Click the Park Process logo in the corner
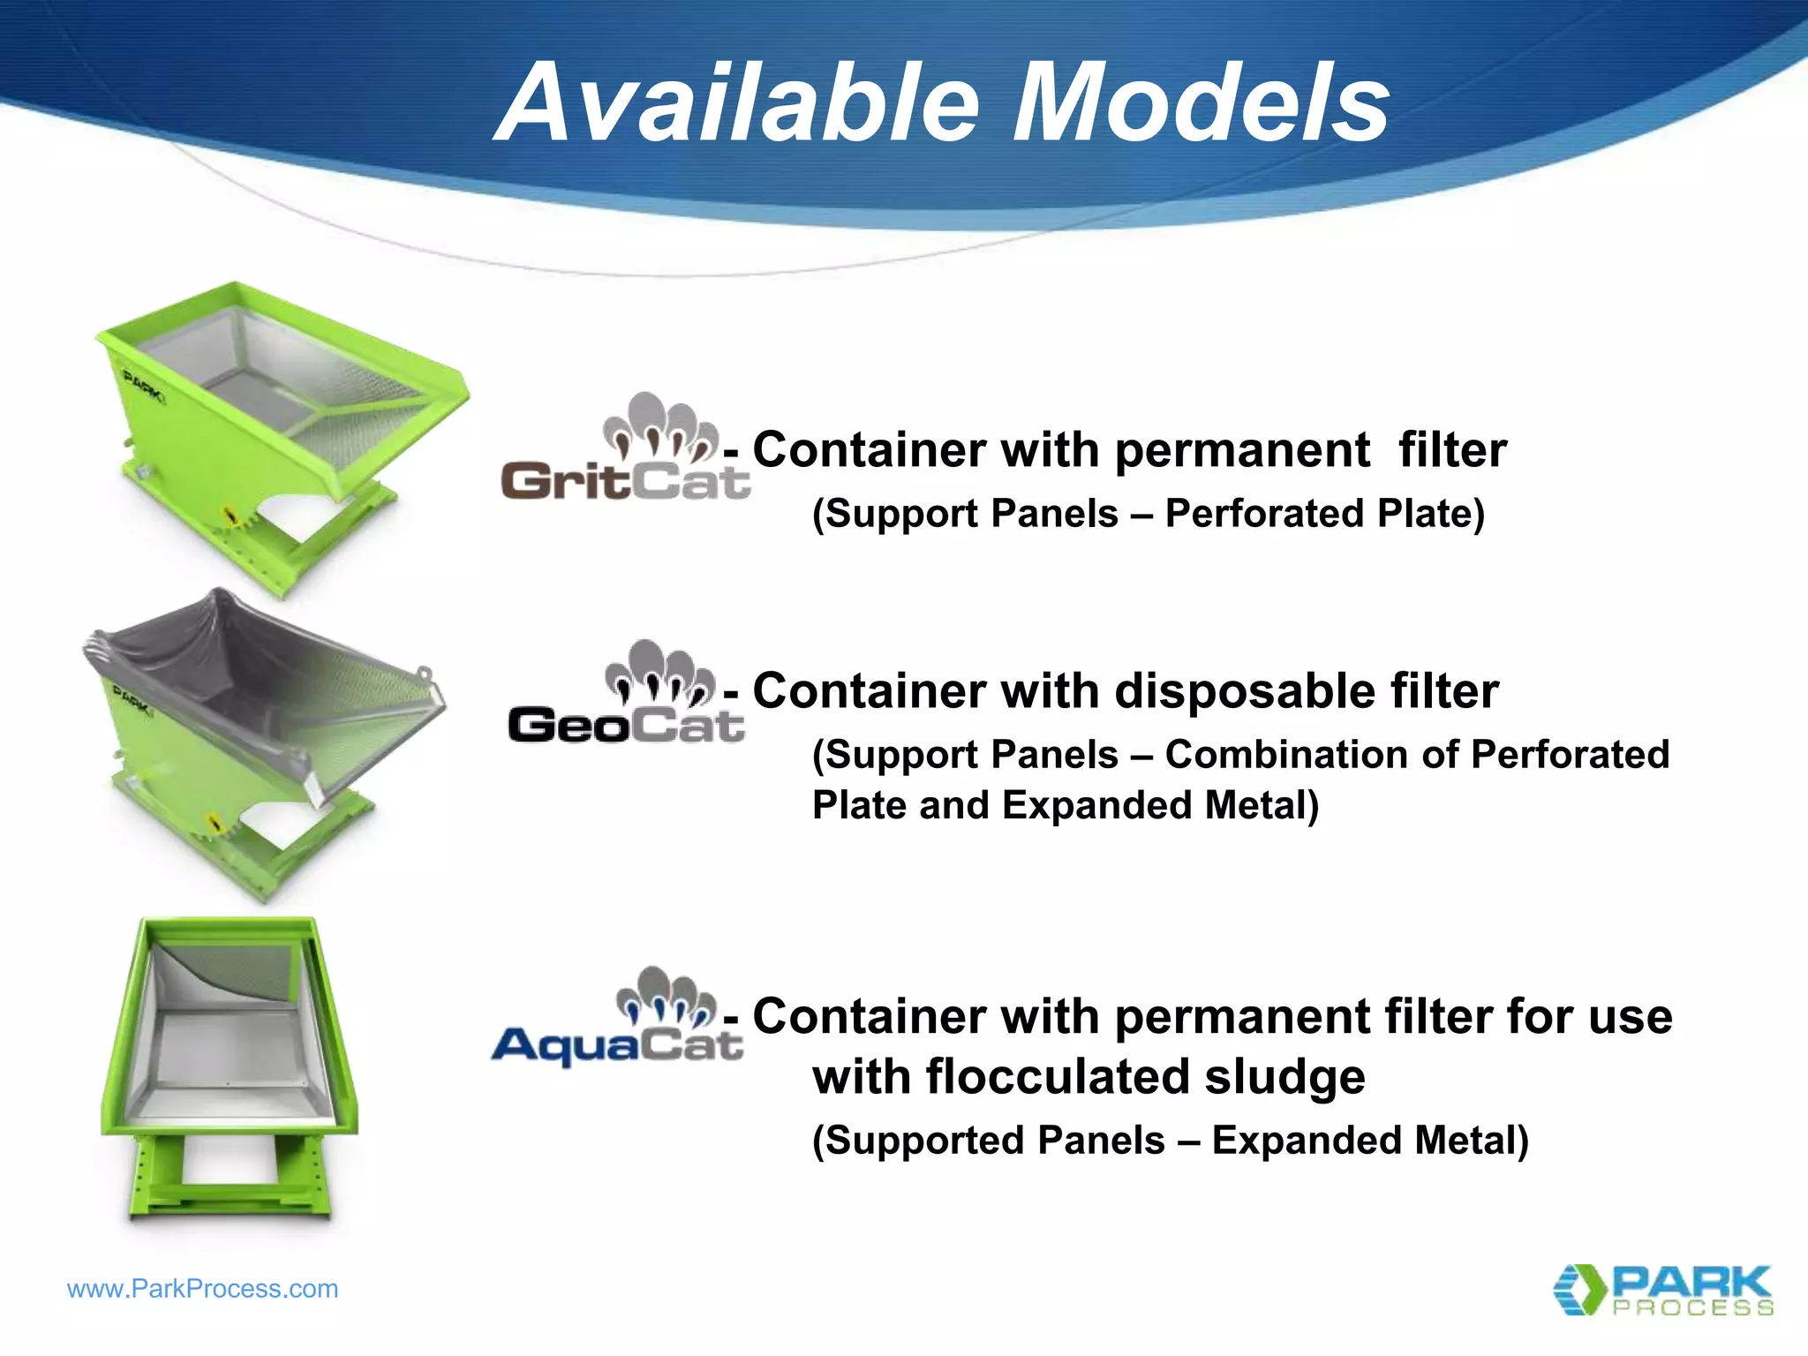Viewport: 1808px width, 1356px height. [x=1663, y=1290]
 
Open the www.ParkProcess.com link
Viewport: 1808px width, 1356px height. [x=202, y=1289]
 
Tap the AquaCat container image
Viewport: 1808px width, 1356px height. [x=230, y=1068]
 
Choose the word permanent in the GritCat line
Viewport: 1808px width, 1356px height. [x=1243, y=451]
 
